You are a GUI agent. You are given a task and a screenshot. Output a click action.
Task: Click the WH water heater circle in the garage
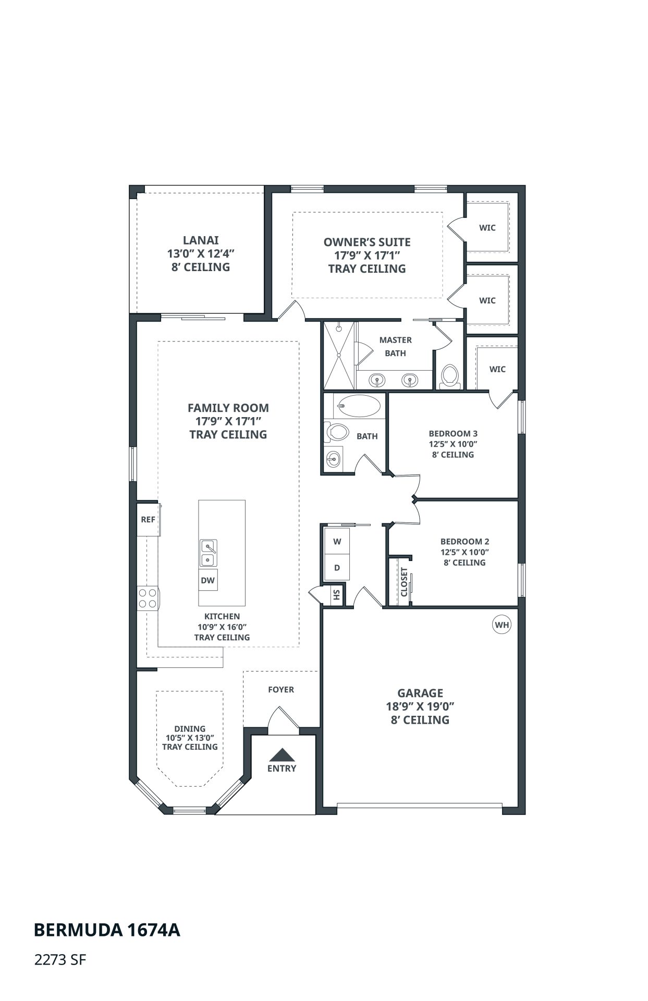(502, 625)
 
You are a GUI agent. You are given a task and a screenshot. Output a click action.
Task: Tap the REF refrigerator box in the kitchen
(148, 519)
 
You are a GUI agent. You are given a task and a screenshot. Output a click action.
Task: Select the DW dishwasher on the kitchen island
(207, 580)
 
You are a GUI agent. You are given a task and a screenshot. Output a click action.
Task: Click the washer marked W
(337, 542)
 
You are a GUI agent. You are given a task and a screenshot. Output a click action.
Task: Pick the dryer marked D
(337, 568)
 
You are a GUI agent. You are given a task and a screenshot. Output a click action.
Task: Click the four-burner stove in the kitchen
(148, 599)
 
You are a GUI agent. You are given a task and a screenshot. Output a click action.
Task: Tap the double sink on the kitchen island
(208, 553)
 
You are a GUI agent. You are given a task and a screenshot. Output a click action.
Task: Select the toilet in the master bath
(449, 376)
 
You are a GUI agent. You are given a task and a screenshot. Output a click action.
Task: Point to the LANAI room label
(201, 240)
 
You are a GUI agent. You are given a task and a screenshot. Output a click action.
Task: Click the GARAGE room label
(420, 693)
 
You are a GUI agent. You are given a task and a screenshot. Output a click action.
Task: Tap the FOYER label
(281, 689)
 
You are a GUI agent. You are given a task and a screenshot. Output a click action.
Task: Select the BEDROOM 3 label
(453, 433)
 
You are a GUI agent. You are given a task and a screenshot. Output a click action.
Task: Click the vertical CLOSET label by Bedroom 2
(404, 582)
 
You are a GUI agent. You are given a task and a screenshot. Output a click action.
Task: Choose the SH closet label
(337, 594)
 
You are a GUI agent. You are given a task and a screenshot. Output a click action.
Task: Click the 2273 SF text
(59, 960)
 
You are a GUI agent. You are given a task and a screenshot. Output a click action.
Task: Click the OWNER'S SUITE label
(367, 242)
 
